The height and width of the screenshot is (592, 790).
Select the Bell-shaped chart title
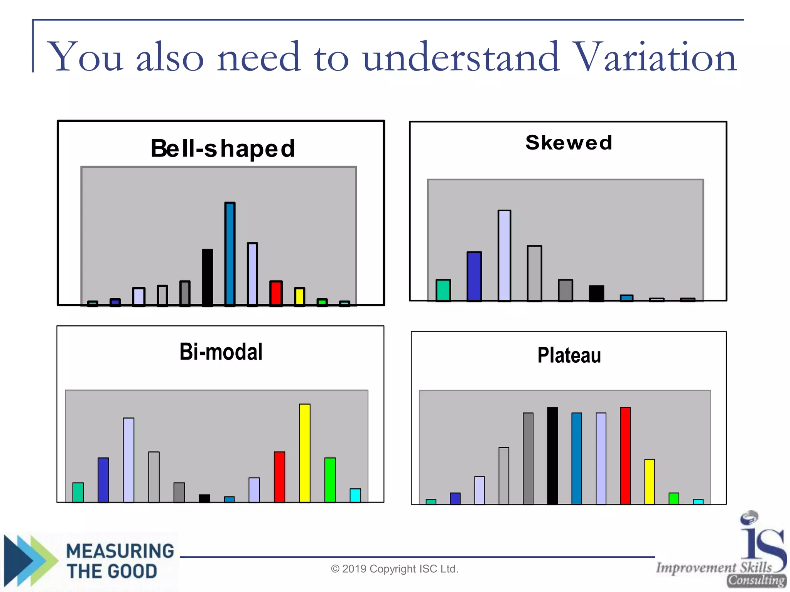(223, 148)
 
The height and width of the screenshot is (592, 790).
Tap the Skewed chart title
(569, 143)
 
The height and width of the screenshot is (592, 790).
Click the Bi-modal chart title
(221, 351)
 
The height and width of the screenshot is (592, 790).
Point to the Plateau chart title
(569, 355)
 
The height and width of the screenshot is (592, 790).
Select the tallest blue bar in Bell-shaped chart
(230, 254)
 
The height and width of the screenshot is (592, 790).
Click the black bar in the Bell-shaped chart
(207, 277)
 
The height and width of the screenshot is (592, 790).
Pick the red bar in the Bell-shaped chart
(276, 293)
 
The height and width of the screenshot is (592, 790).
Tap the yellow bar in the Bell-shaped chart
(299, 296)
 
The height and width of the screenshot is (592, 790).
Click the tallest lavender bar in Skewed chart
(504, 255)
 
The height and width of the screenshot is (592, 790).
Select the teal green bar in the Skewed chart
(443, 290)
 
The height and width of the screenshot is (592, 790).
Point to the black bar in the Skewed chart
(596, 293)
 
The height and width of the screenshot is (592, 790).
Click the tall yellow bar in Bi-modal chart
(305, 453)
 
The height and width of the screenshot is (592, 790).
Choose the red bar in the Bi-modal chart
(279, 477)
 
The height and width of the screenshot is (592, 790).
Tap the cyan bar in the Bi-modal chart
(355, 495)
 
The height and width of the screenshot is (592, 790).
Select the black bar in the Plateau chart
(552, 456)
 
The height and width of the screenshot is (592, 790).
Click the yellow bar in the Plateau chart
(650, 481)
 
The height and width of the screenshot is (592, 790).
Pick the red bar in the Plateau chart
(625, 456)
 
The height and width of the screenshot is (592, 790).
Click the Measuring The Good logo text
(120, 561)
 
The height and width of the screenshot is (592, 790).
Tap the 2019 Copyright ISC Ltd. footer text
(395, 569)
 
